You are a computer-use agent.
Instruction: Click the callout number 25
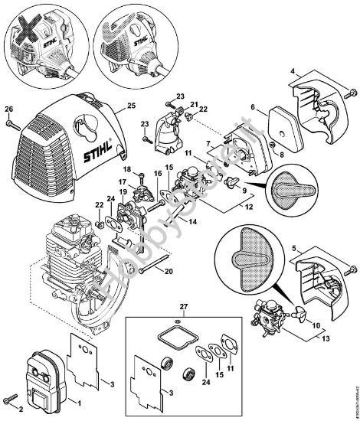(x=131, y=104)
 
